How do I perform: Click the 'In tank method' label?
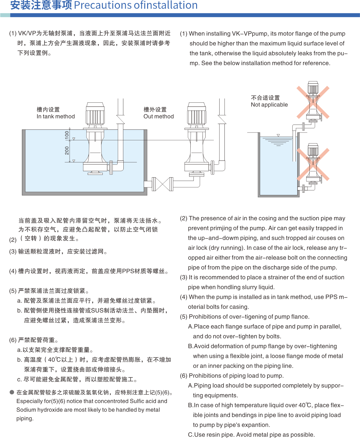[56, 116]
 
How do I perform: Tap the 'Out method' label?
[158, 116]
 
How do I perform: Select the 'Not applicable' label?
[269, 105]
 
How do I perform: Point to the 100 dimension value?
[67, 135]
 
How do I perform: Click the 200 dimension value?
[67, 150]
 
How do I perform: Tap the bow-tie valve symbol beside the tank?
[163, 184]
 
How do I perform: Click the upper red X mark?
[313, 102]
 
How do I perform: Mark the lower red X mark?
[313, 164]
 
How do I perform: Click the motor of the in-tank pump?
[95, 114]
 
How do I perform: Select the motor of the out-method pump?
[197, 114]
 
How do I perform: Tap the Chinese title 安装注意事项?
[41, 5]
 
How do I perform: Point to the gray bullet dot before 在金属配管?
[12, 392]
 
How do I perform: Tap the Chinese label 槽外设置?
[155, 109]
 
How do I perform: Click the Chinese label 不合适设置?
[265, 97]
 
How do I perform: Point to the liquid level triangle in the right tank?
[278, 136]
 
